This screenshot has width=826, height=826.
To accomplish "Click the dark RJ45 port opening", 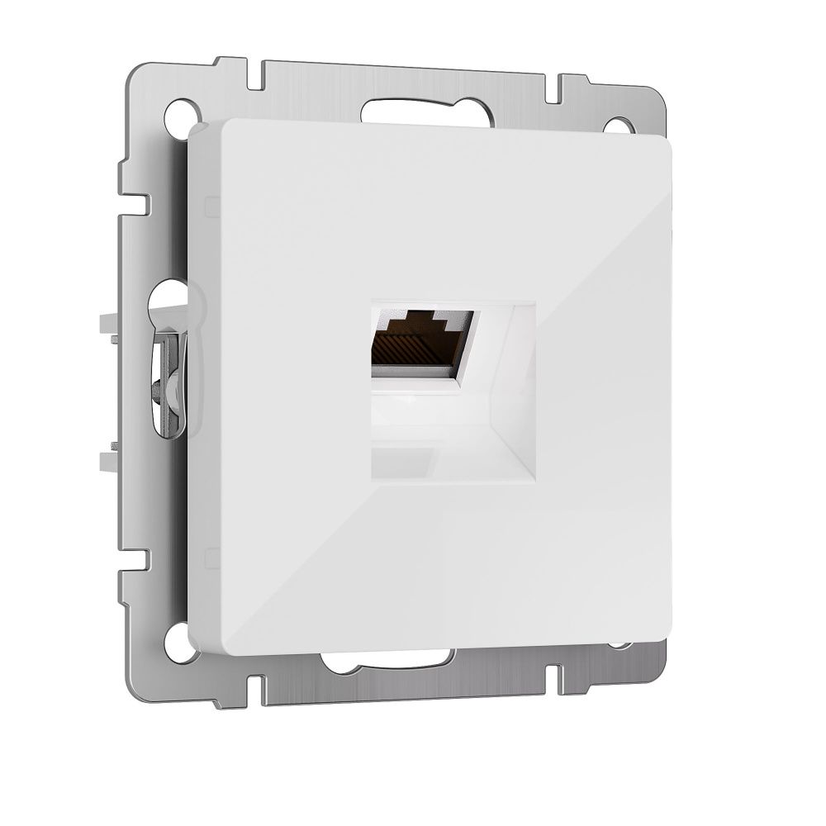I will tap(417, 339).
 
